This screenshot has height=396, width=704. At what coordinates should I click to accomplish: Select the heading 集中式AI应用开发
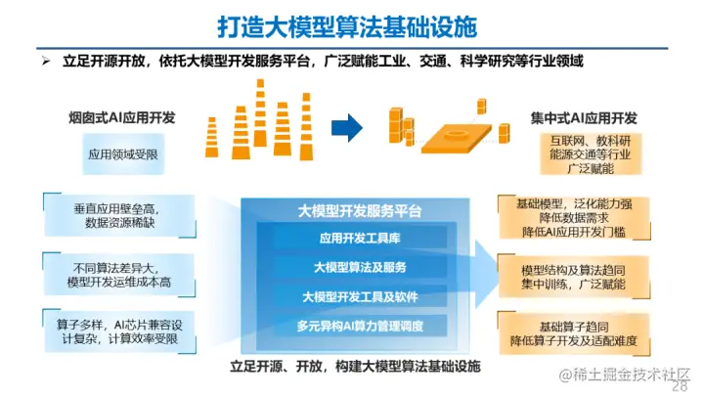[584, 118]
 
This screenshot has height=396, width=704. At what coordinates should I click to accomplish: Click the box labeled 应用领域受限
[122, 154]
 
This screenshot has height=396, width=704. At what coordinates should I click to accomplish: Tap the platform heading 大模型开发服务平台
[360, 211]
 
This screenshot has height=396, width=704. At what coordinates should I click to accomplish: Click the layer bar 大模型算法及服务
[359, 267]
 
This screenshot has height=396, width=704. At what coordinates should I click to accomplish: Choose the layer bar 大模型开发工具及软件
[359, 295]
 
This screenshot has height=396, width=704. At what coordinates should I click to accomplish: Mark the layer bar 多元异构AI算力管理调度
[359, 325]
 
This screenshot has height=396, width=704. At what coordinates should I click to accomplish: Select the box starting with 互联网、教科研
[584, 154]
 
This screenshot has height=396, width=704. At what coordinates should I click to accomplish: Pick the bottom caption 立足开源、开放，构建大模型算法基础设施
[356, 365]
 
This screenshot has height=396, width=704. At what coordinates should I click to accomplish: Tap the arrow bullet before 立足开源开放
[44, 61]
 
